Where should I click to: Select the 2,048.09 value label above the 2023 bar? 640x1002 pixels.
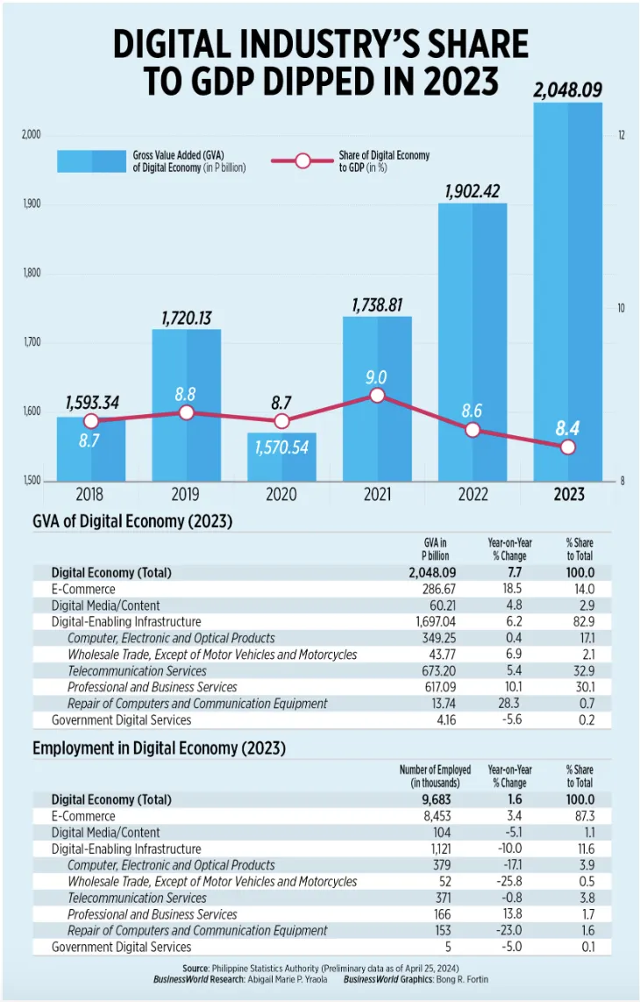click(568, 90)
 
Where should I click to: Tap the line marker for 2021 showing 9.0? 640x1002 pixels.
click(377, 396)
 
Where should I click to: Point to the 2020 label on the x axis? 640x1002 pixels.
click(281, 495)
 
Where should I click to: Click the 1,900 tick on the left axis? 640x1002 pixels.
click(32, 204)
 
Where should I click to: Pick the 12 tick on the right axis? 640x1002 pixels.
click(621, 135)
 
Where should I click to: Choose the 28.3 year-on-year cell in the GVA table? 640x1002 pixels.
click(509, 703)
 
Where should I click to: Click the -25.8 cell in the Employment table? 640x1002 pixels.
click(509, 881)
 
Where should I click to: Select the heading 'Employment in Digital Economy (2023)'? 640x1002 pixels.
click(159, 748)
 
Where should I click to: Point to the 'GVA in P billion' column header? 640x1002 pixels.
click(435, 549)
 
